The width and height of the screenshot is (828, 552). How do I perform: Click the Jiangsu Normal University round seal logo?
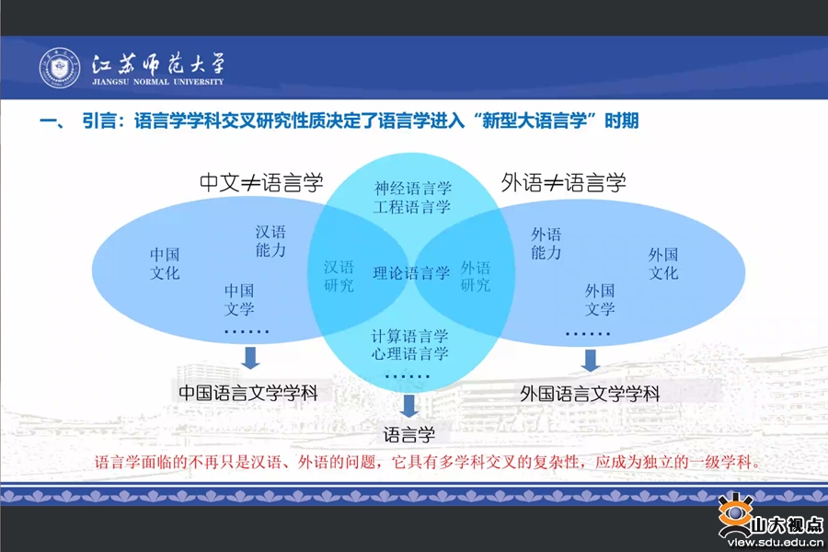coord(60,67)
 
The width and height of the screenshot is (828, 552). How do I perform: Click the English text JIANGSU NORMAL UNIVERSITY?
coord(158,82)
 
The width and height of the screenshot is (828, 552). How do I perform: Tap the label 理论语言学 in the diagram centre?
coord(411,273)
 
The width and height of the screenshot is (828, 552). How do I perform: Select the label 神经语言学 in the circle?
coord(413,188)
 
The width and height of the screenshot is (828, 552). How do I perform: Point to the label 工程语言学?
coord(412,206)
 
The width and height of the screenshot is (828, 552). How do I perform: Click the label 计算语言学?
coord(409,336)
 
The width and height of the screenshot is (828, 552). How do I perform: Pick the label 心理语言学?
coord(409,353)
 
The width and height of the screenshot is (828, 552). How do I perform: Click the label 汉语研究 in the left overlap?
coord(339,276)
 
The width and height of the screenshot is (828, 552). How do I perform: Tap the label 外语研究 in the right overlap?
coord(476,276)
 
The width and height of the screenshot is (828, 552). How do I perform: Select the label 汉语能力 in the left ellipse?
coord(270,241)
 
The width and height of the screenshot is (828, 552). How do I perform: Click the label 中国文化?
coord(165,264)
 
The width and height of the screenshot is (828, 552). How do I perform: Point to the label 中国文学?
coord(239,300)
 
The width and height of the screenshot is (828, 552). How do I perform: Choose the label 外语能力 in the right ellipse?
coord(546,244)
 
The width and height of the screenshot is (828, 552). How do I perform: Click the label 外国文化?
coord(663,264)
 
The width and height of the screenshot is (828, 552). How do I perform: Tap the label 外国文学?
coord(600,300)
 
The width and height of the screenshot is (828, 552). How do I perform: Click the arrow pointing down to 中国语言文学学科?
coord(250,358)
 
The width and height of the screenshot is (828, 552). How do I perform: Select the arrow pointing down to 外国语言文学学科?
coord(591,361)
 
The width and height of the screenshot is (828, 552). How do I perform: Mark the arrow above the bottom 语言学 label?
coord(408,406)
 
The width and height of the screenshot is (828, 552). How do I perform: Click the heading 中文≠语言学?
coord(261,183)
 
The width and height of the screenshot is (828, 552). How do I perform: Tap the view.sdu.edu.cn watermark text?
coord(776,543)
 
